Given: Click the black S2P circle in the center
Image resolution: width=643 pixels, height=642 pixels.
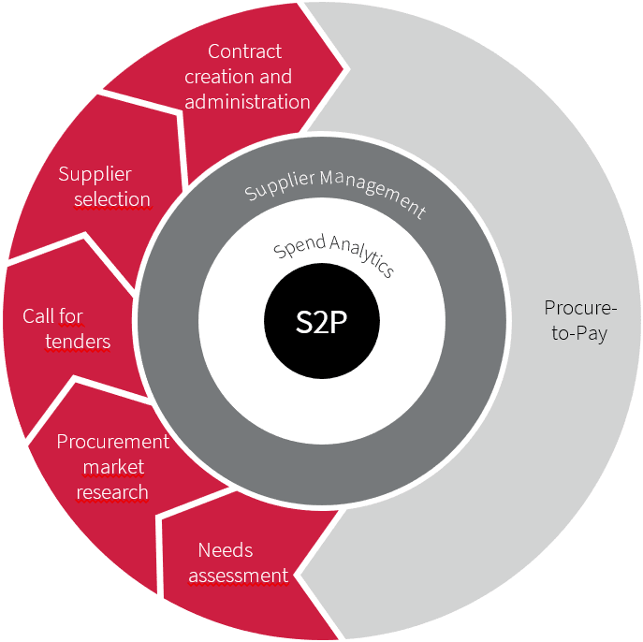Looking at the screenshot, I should [322, 321].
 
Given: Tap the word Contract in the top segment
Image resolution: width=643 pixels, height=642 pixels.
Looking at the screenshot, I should [245, 51].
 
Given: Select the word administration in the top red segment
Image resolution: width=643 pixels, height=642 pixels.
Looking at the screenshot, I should [247, 101].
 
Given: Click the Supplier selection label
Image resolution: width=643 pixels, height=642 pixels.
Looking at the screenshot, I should [103, 186].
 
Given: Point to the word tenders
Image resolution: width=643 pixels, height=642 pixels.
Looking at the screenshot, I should [78, 342].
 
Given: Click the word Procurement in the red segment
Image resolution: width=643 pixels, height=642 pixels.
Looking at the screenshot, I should [113, 442].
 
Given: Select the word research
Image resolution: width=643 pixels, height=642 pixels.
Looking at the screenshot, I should [112, 492].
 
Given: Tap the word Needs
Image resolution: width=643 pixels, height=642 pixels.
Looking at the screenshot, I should [226, 550].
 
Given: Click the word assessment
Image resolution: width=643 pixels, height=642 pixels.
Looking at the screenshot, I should [239, 575].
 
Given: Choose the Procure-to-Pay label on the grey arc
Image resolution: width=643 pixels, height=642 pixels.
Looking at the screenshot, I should [579, 320].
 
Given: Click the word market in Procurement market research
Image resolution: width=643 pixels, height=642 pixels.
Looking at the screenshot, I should [113, 467].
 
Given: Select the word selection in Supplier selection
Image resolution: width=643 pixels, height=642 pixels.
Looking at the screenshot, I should [112, 199].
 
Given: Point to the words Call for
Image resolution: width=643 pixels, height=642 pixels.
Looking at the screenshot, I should [52, 316].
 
